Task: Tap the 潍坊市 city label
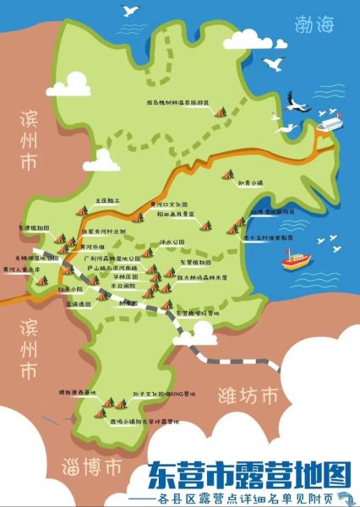tap(248, 395)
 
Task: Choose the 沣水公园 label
tap(172, 242)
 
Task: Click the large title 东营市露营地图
tap(249, 473)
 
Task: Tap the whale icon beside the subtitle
tap(341, 497)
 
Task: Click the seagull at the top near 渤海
tap(130, 11)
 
